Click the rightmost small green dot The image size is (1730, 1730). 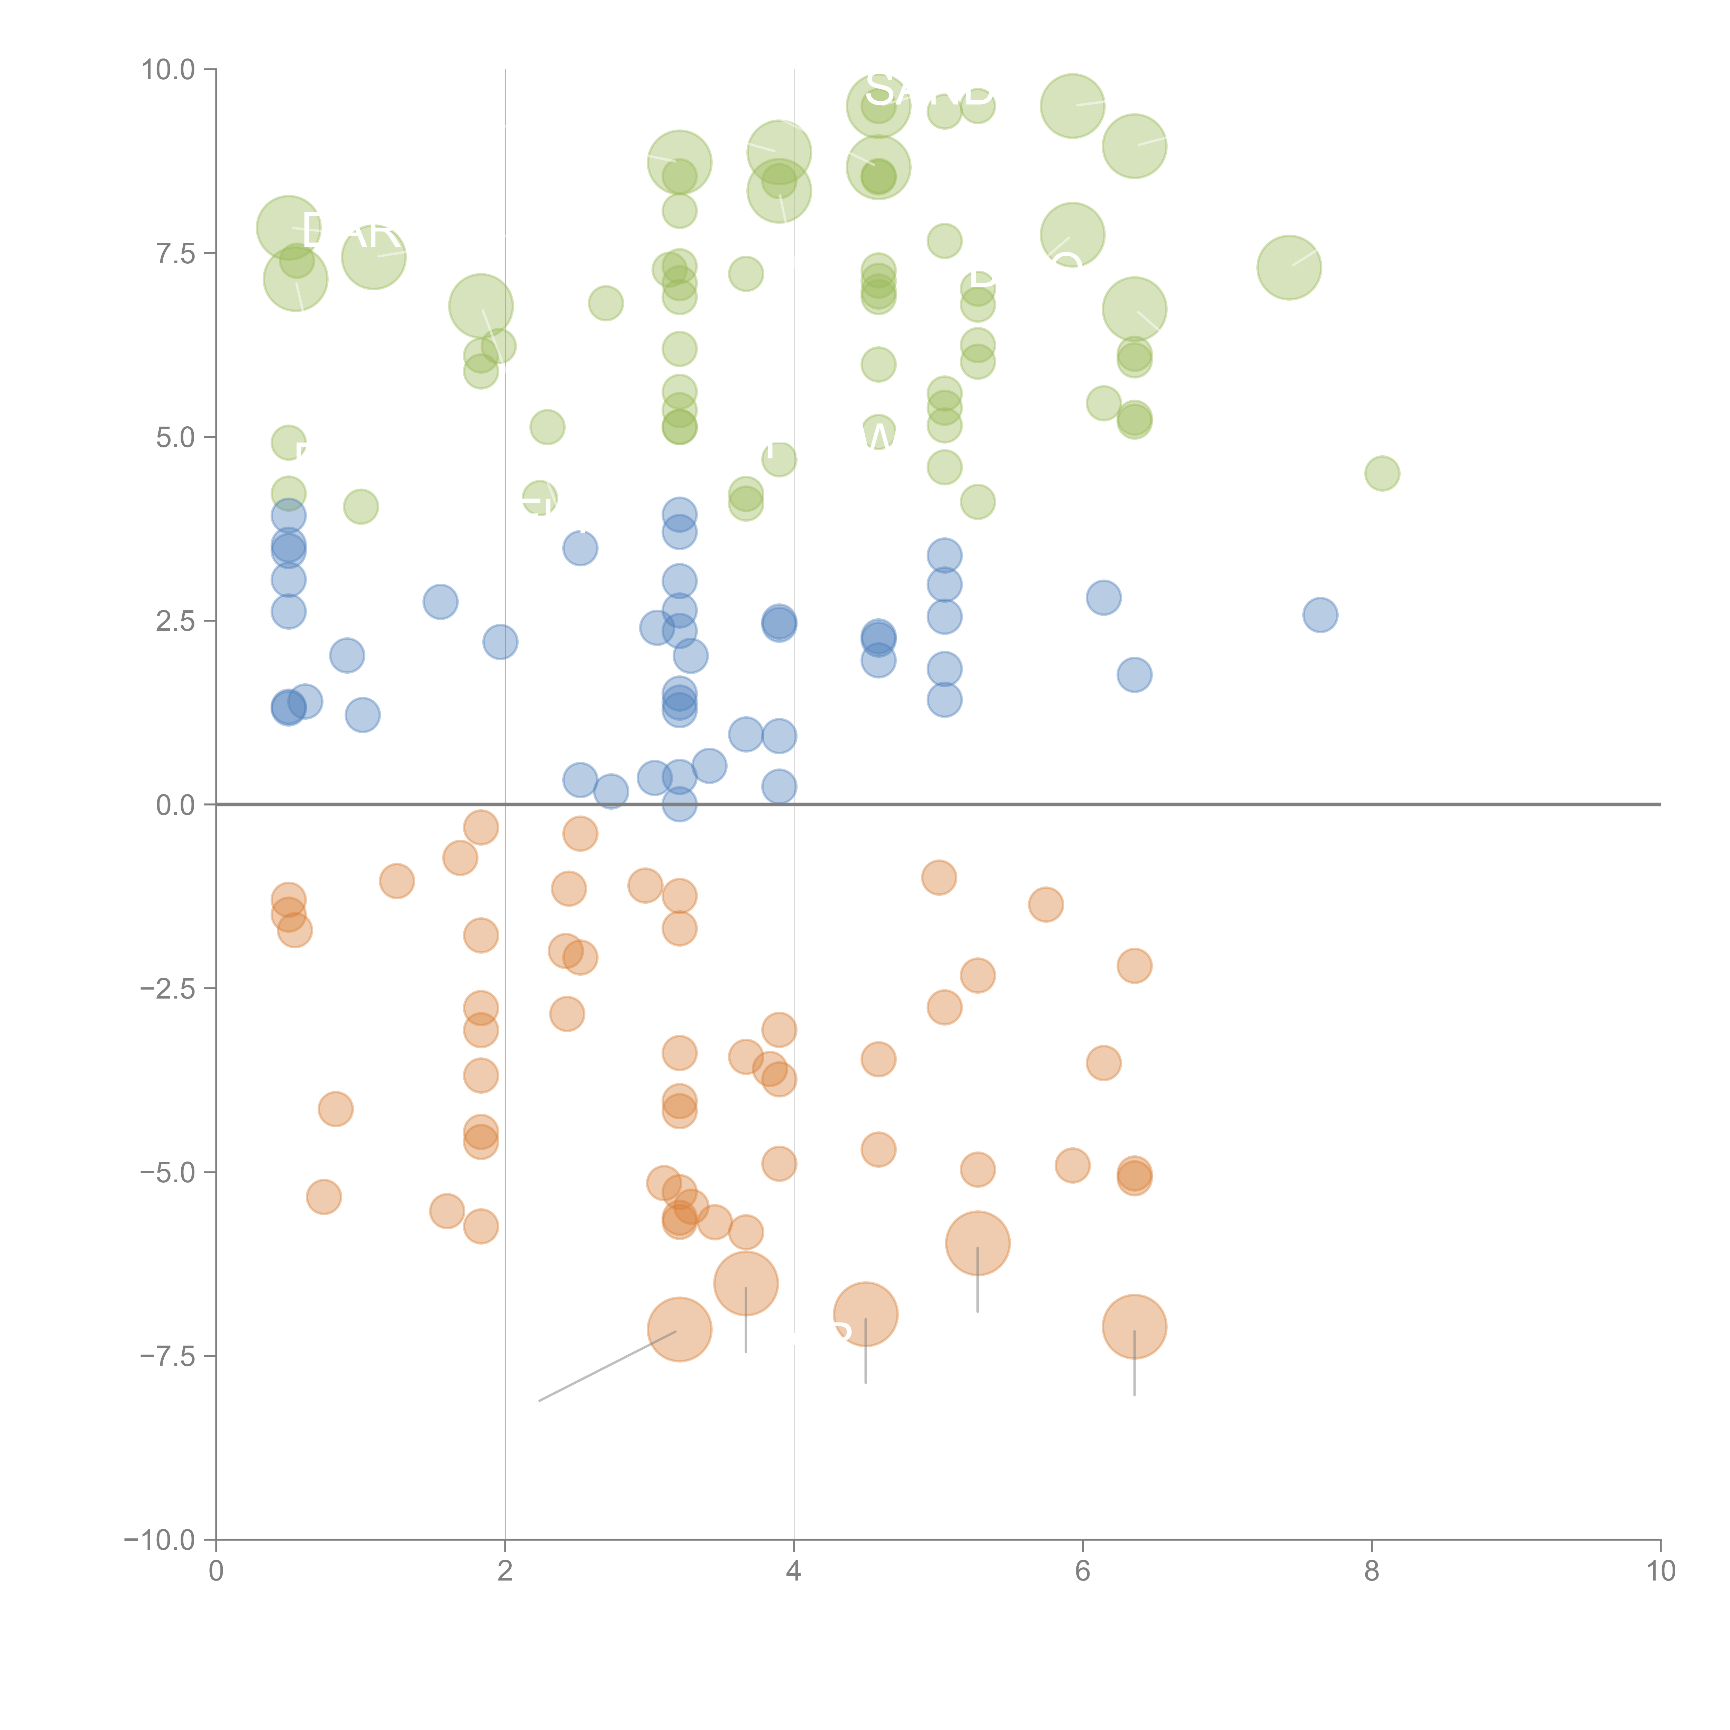click(x=1382, y=473)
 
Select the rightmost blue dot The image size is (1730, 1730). click(x=1320, y=615)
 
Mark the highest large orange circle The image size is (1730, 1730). click(x=978, y=1243)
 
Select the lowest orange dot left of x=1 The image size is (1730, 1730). click(x=324, y=1196)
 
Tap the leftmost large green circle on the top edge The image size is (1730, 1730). click(x=878, y=106)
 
